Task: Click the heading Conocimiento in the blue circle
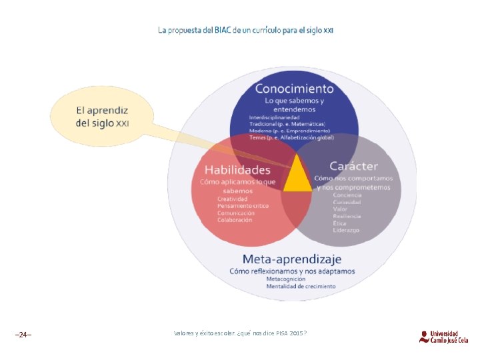point(294,89)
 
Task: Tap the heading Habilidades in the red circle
point(237,170)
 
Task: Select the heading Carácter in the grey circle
point(353,166)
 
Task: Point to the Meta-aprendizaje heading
point(291,259)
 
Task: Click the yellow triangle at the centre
point(297,178)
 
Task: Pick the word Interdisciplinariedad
point(275,117)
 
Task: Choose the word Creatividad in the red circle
point(232,199)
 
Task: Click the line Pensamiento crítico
point(243,206)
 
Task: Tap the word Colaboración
point(235,220)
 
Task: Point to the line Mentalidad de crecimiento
point(301,286)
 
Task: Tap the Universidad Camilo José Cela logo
point(443,336)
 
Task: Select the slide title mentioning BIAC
point(245,31)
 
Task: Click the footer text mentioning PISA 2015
point(240,333)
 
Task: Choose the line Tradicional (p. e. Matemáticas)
point(287,124)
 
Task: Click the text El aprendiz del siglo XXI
point(102,117)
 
